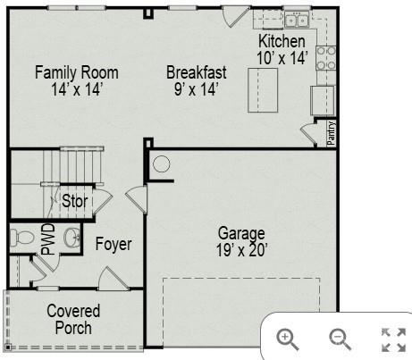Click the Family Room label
click(76, 71)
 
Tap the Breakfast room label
click(197, 71)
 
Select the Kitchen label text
click(282, 42)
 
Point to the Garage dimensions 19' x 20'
click(241, 251)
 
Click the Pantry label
click(332, 132)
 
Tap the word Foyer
click(114, 244)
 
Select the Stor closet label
click(75, 201)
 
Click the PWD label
click(47, 241)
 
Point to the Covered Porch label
click(73, 320)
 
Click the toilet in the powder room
click(21, 238)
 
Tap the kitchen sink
click(298, 21)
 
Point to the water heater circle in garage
click(161, 163)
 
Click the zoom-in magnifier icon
click(286, 338)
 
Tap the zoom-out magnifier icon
click(340, 338)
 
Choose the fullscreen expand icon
click(393, 339)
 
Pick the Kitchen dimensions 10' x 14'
click(282, 58)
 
